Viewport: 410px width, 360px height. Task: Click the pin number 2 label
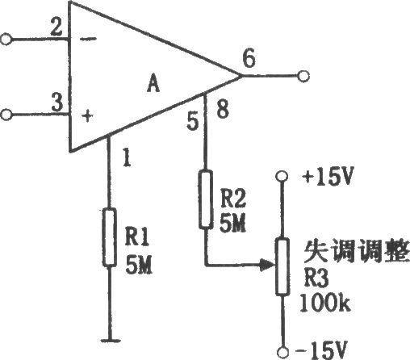pyautogui.click(x=56, y=28)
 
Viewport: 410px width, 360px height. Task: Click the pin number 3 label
pyautogui.click(x=57, y=103)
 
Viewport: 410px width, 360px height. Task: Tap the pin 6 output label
pyautogui.click(x=249, y=59)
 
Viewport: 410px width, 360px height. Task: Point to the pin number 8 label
pyautogui.click(x=223, y=109)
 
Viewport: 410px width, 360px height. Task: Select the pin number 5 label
pyautogui.click(x=193, y=121)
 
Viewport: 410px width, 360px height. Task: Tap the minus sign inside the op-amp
pyautogui.click(x=89, y=40)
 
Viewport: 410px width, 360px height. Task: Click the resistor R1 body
pyautogui.click(x=110, y=237)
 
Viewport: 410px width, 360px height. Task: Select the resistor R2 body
pyautogui.click(x=206, y=199)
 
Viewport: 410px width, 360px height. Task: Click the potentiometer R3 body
pyautogui.click(x=282, y=266)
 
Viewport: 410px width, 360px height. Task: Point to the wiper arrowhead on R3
pyautogui.click(x=267, y=266)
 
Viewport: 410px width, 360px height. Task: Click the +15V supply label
pyautogui.click(x=327, y=177)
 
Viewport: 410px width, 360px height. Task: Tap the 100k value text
pyautogui.click(x=325, y=303)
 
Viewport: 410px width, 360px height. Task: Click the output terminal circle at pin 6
pyautogui.click(x=303, y=76)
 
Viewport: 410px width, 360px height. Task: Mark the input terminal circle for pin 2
pyautogui.click(x=6, y=40)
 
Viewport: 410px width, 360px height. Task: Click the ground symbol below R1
pyautogui.click(x=110, y=341)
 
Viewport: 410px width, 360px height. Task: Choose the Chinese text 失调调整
pyautogui.click(x=357, y=251)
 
